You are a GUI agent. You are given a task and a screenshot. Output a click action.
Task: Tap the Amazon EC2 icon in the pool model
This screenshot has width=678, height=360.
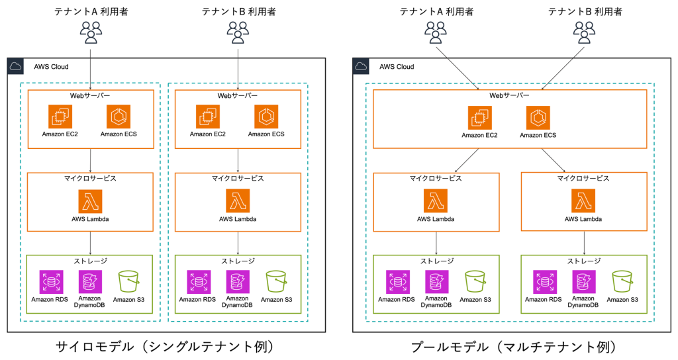click(x=479, y=118)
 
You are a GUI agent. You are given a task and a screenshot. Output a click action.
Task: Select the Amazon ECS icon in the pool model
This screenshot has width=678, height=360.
click(x=538, y=118)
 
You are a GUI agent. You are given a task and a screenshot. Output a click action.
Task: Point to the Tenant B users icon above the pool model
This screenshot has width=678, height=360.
click(x=584, y=30)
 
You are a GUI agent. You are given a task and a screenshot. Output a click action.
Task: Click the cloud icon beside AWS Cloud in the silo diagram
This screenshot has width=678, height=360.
click(x=17, y=66)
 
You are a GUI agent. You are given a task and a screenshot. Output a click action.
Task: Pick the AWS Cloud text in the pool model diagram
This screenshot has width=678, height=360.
click(x=397, y=66)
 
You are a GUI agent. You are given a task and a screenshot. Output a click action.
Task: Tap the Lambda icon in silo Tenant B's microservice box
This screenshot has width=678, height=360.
click(x=238, y=201)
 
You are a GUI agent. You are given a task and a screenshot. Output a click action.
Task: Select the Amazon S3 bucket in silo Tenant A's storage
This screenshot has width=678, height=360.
click(x=128, y=282)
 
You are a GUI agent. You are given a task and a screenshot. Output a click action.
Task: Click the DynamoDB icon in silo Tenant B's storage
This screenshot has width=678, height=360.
click(x=237, y=281)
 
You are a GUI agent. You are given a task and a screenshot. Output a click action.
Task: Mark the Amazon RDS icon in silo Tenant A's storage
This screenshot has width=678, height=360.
click(x=50, y=281)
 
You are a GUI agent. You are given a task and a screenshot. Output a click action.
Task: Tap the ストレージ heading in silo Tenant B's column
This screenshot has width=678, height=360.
click(x=238, y=260)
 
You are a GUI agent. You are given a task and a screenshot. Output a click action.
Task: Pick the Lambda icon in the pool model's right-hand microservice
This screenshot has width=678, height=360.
click(x=584, y=201)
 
